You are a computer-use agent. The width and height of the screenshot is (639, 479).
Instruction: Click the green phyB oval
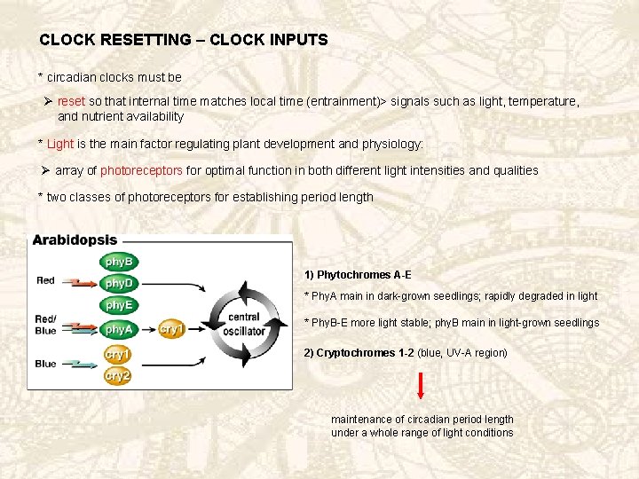118,262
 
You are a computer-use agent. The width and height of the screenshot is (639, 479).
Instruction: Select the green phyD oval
118,283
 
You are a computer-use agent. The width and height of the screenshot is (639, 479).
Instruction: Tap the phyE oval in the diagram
118,305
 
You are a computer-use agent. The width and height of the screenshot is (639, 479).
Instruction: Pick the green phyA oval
118,329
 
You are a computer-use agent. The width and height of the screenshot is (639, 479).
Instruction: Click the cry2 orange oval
117,376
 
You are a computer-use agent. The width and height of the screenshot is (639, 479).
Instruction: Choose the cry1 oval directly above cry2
117,354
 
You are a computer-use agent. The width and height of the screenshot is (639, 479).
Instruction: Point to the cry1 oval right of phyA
172,329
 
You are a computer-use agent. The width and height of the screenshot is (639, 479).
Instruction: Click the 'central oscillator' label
244,324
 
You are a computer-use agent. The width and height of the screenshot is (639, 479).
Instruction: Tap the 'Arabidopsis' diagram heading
75,240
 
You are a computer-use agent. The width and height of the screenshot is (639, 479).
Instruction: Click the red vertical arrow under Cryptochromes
421,386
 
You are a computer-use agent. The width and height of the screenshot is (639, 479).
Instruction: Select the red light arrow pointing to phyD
82,283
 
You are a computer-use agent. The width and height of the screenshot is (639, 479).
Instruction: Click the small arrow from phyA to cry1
147,329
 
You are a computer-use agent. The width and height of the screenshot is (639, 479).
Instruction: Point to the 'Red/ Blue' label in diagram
46,325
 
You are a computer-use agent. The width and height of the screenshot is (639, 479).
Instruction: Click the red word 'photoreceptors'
142,170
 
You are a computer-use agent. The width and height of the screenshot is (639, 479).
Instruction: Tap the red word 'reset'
72,102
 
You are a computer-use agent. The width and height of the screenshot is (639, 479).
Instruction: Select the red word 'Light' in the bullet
60,144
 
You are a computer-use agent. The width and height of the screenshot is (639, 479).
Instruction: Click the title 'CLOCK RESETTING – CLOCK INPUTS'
184,40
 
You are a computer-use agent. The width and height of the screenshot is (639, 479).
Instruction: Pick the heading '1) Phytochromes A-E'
358,275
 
